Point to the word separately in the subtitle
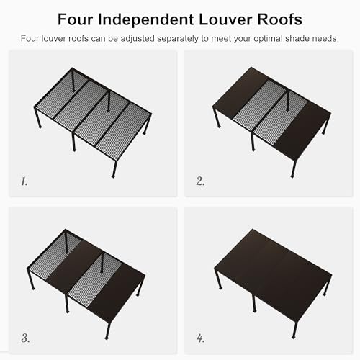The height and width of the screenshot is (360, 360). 175,37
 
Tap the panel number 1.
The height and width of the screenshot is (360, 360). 24,181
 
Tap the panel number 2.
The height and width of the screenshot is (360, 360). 200,181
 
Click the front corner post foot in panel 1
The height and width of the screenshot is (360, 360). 114,175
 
